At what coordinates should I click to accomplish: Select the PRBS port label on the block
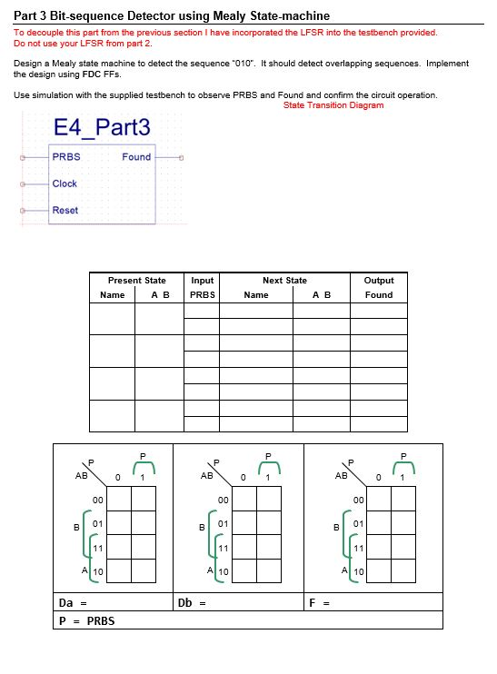coord(66,156)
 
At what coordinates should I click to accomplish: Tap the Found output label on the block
coord(136,157)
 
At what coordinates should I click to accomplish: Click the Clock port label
coord(65,183)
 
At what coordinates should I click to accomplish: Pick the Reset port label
coord(65,211)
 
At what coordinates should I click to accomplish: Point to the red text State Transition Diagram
coord(333,105)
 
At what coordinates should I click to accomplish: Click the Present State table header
coord(136,281)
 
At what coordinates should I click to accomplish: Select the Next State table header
coord(284,281)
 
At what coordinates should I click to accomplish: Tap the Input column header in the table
coord(202,281)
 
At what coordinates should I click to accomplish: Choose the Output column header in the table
coord(379,281)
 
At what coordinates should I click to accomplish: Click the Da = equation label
coord(72,602)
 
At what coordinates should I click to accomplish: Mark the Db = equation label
coord(191,602)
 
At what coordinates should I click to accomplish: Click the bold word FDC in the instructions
coord(92,74)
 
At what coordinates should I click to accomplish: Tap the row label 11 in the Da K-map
coord(97,550)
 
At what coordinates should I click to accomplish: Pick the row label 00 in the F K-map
coord(358,501)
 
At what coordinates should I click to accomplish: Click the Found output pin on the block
coord(182,157)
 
